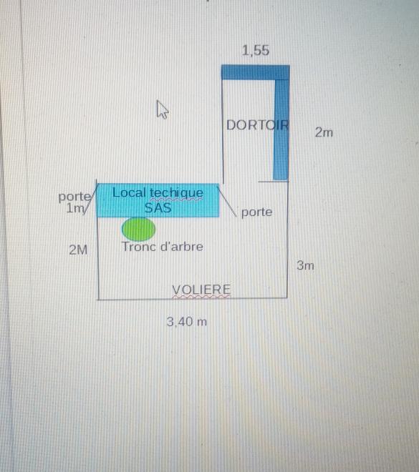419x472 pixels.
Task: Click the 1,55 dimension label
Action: click(x=255, y=51)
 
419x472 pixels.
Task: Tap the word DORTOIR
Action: click(x=257, y=125)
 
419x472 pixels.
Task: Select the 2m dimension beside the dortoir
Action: click(x=324, y=132)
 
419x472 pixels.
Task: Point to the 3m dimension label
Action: click(x=305, y=265)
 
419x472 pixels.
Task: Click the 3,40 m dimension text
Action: click(x=187, y=322)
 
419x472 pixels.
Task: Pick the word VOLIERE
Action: click(x=201, y=290)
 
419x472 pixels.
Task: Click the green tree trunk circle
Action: click(x=139, y=229)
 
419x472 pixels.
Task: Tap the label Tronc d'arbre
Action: click(x=163, y=247)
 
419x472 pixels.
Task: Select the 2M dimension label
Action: click(x=78, y=250)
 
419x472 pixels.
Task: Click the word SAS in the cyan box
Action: click(x=158, y=207)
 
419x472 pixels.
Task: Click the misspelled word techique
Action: click(x=177, y=193)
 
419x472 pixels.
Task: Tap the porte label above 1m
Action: click(x=74, y=197)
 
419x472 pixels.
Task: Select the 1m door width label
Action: click(x=74, y=208)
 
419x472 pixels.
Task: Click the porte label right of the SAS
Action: click(x=257, y=212)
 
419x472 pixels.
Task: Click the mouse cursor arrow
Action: click(x=162, y=109)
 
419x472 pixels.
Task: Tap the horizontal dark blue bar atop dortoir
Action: click(x=255, y=72)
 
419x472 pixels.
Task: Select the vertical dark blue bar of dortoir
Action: click(x=281, y=129)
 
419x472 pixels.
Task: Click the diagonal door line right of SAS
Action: click(x=227, y=201)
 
